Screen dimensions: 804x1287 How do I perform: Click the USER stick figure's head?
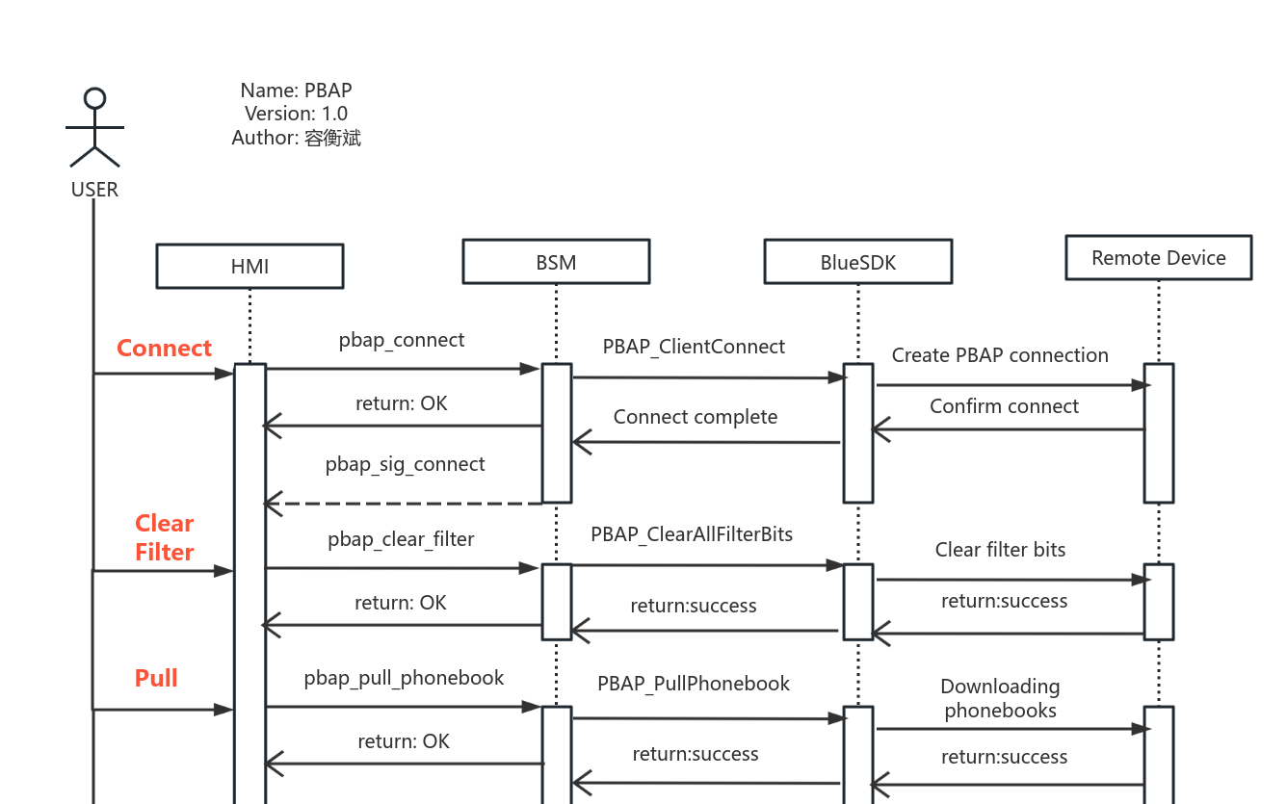pyautogui.click(x=94, y=98)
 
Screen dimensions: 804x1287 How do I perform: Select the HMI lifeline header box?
pyautogui.click(x=250, y=266)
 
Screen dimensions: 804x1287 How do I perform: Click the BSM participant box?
pyautogui.click(x=556, y=262)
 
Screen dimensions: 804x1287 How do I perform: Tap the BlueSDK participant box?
pyautogui.click(x=857, y=262)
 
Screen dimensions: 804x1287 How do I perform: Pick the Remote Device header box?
pyautogui.click(x=1158, y=258)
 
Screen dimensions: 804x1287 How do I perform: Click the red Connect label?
pyautogui.click(x=164, y=348)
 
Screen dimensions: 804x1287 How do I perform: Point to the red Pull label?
pyautogui.click(x=156, y=678)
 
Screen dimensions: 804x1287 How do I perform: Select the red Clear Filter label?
pyautogui.click(x=164, y=537)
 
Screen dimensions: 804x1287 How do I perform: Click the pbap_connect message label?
pyautogui.click(x=402, y=340)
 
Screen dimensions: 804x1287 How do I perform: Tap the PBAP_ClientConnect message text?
pyautogui.click(x=694, y=347)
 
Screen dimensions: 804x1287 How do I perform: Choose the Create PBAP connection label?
pyautogui.click(x=1000, y=355)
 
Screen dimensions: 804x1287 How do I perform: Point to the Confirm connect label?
pyautogui.click(x=1004, y=406)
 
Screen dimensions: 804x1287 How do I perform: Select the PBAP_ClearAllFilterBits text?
pyautogui.click(x=692, y=533)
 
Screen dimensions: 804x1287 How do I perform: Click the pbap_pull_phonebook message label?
pyautogui.click(x=404, y=678)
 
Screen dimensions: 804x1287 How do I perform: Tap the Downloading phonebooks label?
pyautogui.click(x=1000, y=698)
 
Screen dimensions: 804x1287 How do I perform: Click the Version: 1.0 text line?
pyautogui.click(x=296, y=114)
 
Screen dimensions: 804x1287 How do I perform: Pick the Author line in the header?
pyautogui.click(x=296, y=138)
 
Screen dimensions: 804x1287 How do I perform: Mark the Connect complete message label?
pyautogui.click(x=696, y=417)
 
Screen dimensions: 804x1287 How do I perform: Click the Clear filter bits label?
pyautogui.click(x=1000, y=550)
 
